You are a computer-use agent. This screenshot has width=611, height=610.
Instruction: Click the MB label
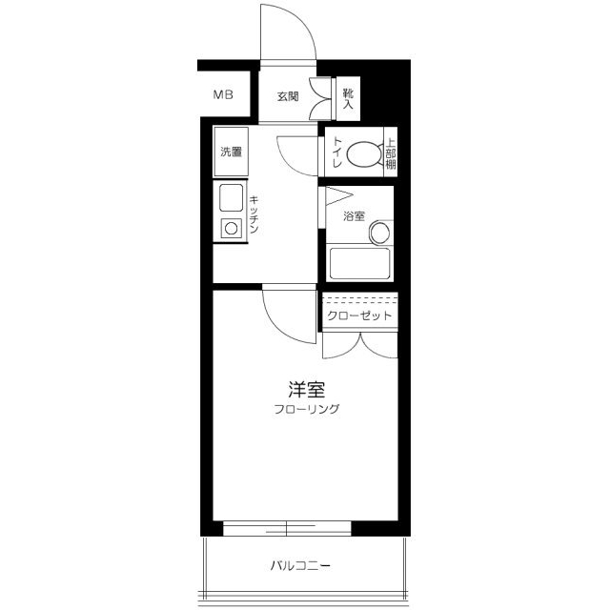223,94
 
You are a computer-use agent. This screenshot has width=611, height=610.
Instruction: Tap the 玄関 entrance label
288,95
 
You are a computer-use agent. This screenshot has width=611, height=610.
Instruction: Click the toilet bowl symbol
363,152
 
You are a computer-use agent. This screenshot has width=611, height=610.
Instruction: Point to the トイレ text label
337,152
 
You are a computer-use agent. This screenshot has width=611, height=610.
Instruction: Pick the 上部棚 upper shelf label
390,152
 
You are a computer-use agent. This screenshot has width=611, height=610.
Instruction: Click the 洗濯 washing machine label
231,152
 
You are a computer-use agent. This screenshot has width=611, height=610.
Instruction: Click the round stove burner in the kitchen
232,228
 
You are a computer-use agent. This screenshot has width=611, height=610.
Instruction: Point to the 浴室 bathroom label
354,216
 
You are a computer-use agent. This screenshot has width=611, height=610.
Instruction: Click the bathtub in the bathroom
357,262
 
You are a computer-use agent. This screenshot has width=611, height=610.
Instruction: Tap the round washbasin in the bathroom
379,233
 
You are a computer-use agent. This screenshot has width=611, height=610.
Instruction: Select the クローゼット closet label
359,315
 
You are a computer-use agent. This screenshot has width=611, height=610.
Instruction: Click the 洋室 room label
306,389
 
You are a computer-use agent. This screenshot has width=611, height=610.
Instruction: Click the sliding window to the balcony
287,527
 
